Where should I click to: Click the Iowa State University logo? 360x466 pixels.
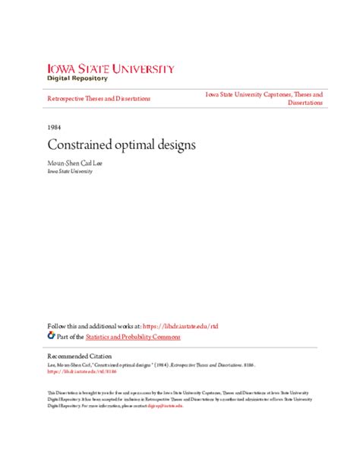click(111, 69)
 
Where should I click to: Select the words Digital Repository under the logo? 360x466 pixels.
click(77, 78)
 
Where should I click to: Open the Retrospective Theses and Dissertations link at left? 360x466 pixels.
click(99, 98)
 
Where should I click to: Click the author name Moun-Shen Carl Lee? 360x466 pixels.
click(81, 161)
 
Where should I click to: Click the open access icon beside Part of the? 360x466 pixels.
click(51, 335)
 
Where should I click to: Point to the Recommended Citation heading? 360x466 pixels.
click(80, 356)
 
